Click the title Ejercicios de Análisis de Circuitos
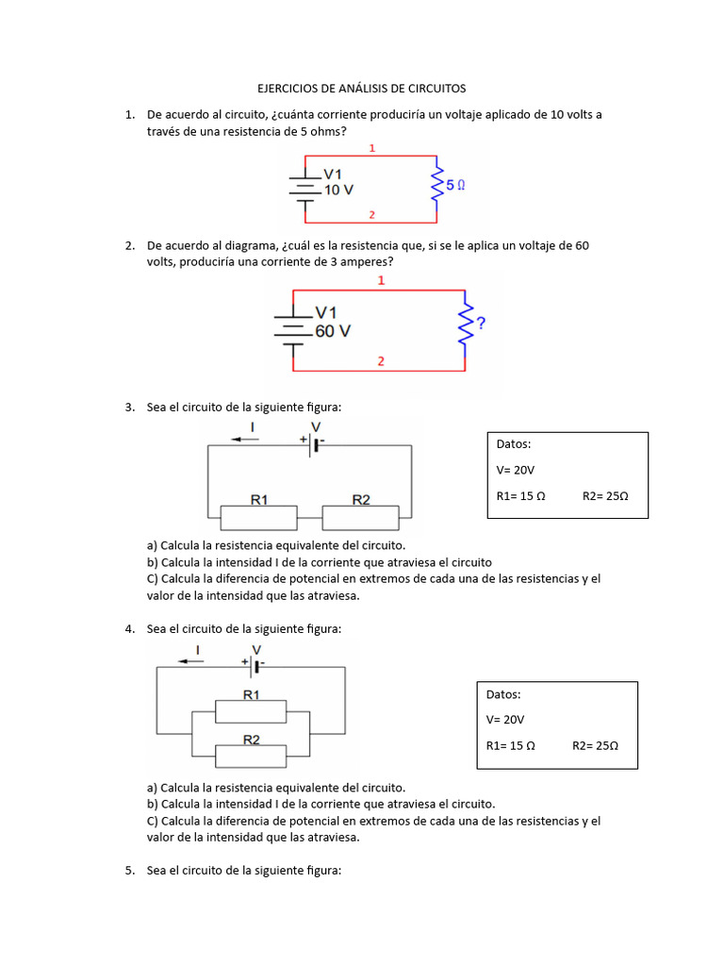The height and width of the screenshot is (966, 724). tap(362, 88)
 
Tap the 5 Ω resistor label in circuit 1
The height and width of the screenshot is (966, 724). tap(455, 186)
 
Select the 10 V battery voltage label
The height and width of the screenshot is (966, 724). tap(338, 189)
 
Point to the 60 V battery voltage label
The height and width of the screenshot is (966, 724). tap(332, 331)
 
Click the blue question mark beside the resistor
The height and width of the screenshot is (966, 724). tap(481, 324)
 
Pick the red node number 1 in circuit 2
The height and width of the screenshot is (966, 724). tap(381, 281)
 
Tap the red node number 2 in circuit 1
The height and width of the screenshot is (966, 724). tap(372, 215)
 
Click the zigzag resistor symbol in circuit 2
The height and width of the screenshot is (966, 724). tap(464, 324)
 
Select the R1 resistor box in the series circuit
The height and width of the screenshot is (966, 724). tap(258, 517)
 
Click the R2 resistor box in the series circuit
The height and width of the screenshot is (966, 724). tap(361, 517)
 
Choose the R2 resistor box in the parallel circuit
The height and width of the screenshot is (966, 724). tap(251, 755)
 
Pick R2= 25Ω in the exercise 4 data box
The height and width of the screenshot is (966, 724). tap(595, 745)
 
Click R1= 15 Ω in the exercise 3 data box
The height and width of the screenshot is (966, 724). tap(521, 495)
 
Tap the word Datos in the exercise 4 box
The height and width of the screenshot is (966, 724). tap(503, 694)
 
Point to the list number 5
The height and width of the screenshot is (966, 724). tap(129, 871)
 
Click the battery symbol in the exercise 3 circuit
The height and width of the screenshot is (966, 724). tap(315, 444)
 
